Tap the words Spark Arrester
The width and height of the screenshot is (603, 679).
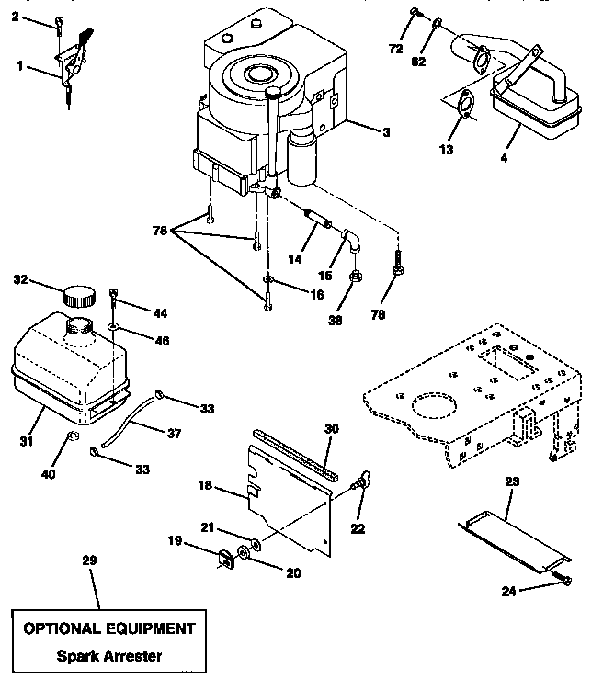click(x=109, y=656)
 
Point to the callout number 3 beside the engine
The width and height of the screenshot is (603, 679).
click(x=385, y=131)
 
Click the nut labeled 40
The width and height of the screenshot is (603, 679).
click(x=73, y=436)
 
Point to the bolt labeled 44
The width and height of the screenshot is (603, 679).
click(x=113, y=296)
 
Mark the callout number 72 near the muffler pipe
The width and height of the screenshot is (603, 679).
click(x=396, y=47)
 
